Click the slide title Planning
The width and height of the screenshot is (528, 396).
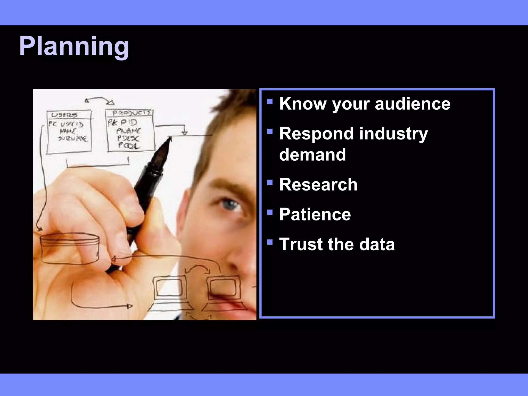point(74,47)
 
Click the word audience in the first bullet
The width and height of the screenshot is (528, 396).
point(412,104)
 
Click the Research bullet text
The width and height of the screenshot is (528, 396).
point(318,185)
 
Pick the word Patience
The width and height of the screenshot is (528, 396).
point(315,214)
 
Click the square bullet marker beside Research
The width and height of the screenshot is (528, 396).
point(270,183)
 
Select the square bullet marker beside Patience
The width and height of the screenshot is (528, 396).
point(270,212)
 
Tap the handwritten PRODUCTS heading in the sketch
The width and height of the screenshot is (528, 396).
point(131,113)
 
